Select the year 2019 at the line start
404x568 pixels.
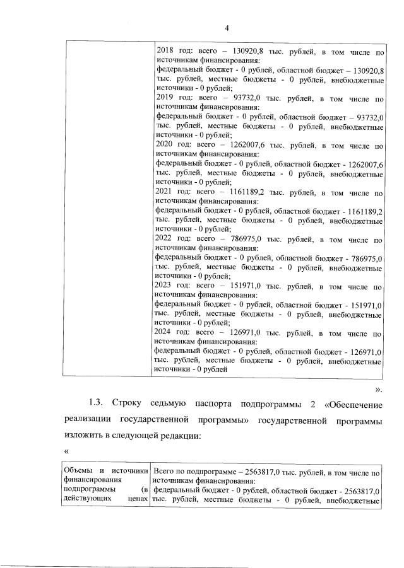[165, 99]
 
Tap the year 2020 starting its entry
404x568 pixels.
[165, 144]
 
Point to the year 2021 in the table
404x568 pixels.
[165, 195]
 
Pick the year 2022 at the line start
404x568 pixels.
[165, 240]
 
